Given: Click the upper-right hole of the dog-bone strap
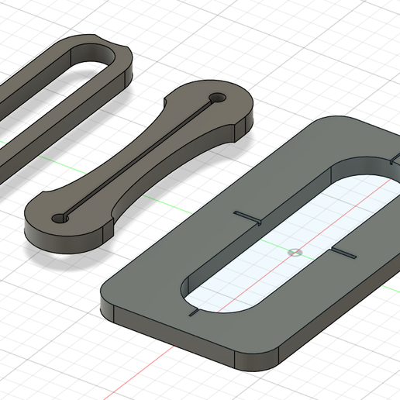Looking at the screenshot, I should pos(217,98).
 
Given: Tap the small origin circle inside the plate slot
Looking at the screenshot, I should pos(293,252).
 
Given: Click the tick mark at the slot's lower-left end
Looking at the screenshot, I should pos(194,313).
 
